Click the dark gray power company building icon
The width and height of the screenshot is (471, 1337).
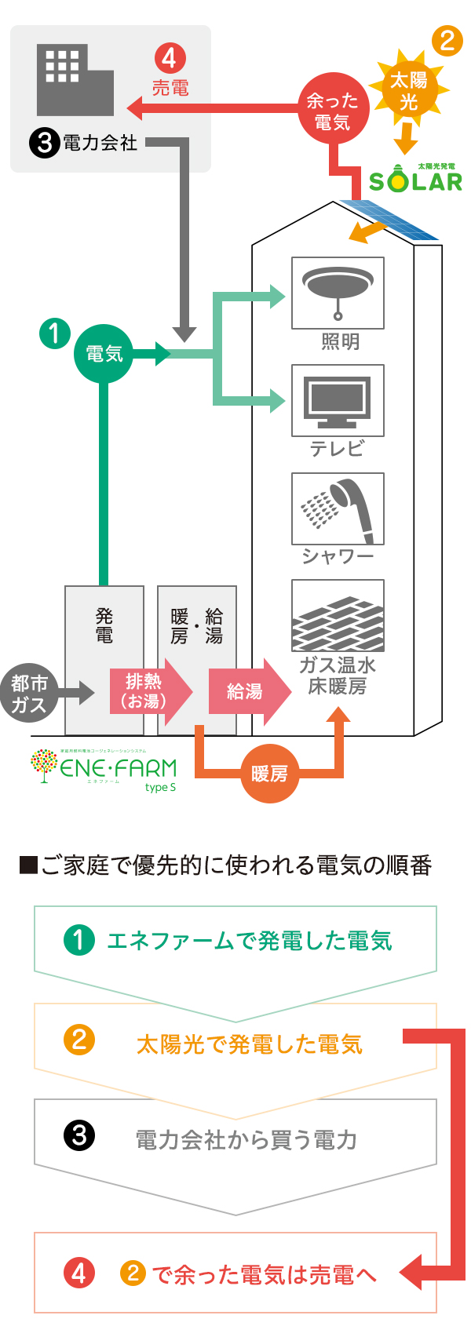(75, 80)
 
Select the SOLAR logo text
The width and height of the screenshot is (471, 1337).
(415, 181)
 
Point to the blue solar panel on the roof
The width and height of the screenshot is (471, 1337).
(388, 220)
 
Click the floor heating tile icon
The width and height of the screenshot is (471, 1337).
(338, 616)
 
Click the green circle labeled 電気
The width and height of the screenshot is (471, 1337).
(104, 354)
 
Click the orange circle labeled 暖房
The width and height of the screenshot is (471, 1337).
(269, 774)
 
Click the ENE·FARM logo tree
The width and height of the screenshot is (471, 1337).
(43, 765)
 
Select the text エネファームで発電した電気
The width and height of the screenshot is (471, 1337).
(249, 940)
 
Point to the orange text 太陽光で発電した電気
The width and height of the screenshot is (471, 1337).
(249, 1044)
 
